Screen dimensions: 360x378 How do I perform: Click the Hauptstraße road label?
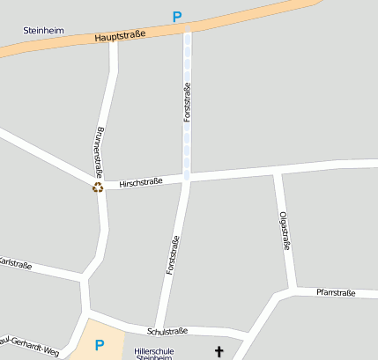pos(121,35)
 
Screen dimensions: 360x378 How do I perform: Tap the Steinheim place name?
pos(43,30)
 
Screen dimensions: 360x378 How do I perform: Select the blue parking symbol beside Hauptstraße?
pos(177,17)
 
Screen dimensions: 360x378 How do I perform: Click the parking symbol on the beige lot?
pos(100,345)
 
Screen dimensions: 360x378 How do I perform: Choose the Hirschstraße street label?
pos(141,181)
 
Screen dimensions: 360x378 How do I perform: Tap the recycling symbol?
pos(99,187)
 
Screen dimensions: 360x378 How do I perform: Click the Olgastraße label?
pos(285,231)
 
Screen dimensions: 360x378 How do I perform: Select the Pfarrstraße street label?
pos(336,292)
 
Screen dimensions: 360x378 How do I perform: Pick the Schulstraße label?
pos(167,331)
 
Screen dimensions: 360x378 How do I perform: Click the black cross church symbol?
pos(219,351)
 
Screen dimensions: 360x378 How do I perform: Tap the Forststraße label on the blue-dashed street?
pos(187,101)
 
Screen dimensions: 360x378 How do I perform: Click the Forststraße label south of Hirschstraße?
pos(174,256)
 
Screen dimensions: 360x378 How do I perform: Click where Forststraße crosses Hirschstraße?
pos(188,179)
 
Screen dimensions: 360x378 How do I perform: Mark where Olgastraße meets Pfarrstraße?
pos(292,290)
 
